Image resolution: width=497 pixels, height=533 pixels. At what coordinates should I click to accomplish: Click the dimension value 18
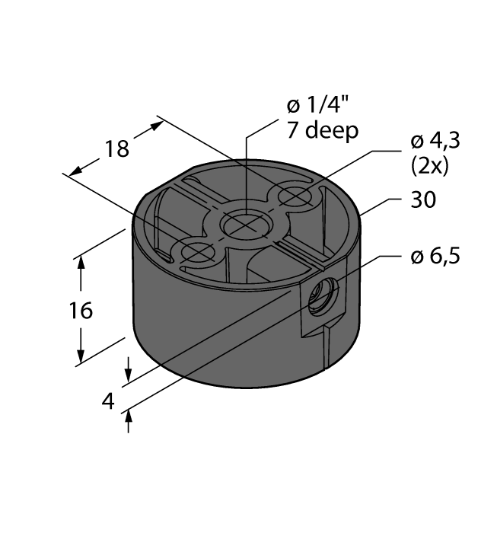tap(116, 148)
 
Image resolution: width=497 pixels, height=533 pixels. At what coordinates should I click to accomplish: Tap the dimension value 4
tap(109, 401)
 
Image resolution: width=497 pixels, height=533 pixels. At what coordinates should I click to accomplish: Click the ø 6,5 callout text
tap(435, 257)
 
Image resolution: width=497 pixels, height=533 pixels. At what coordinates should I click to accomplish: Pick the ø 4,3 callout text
tap(435, 142)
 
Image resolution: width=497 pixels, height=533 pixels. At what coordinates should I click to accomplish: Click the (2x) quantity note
tap(429, 165)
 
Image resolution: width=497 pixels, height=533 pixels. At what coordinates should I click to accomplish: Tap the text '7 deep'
tap(322, 131)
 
